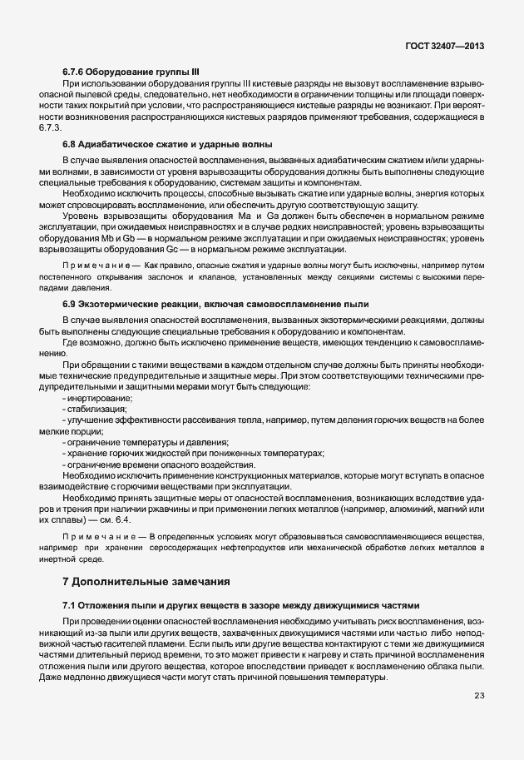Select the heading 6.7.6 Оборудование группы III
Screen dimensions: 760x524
coord(131,72)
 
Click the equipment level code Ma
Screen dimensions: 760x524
coord(244,216)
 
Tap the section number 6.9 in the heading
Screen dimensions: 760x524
coord(70,305)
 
